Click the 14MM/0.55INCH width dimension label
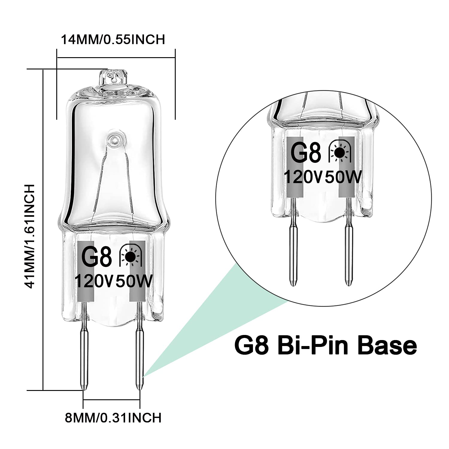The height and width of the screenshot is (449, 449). pyautogui.click(x=113, y=40)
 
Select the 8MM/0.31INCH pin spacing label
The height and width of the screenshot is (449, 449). pyautogui.click(x=113, y=418)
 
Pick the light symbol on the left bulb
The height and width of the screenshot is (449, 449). pyautogui.click(x=131, y=256)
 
